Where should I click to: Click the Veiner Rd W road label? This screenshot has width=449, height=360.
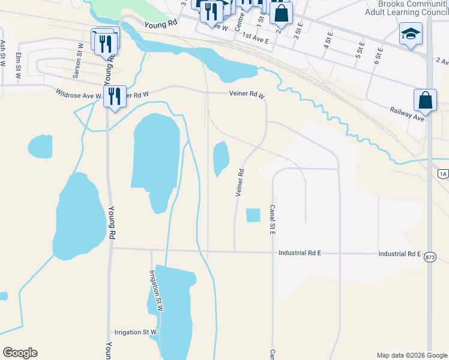click(x=247, y=94)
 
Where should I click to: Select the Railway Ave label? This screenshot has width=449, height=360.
click(x=407, y=113)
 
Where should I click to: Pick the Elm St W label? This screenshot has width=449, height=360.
click(x=19, y=62)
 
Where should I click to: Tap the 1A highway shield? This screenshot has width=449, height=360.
click(x=443, y=174)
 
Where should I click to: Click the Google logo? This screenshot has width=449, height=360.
click(x=20, y=353)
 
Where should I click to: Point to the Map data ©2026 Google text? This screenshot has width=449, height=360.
click(x=411, y=355)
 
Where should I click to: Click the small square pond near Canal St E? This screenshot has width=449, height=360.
click(x=253, y=215)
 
